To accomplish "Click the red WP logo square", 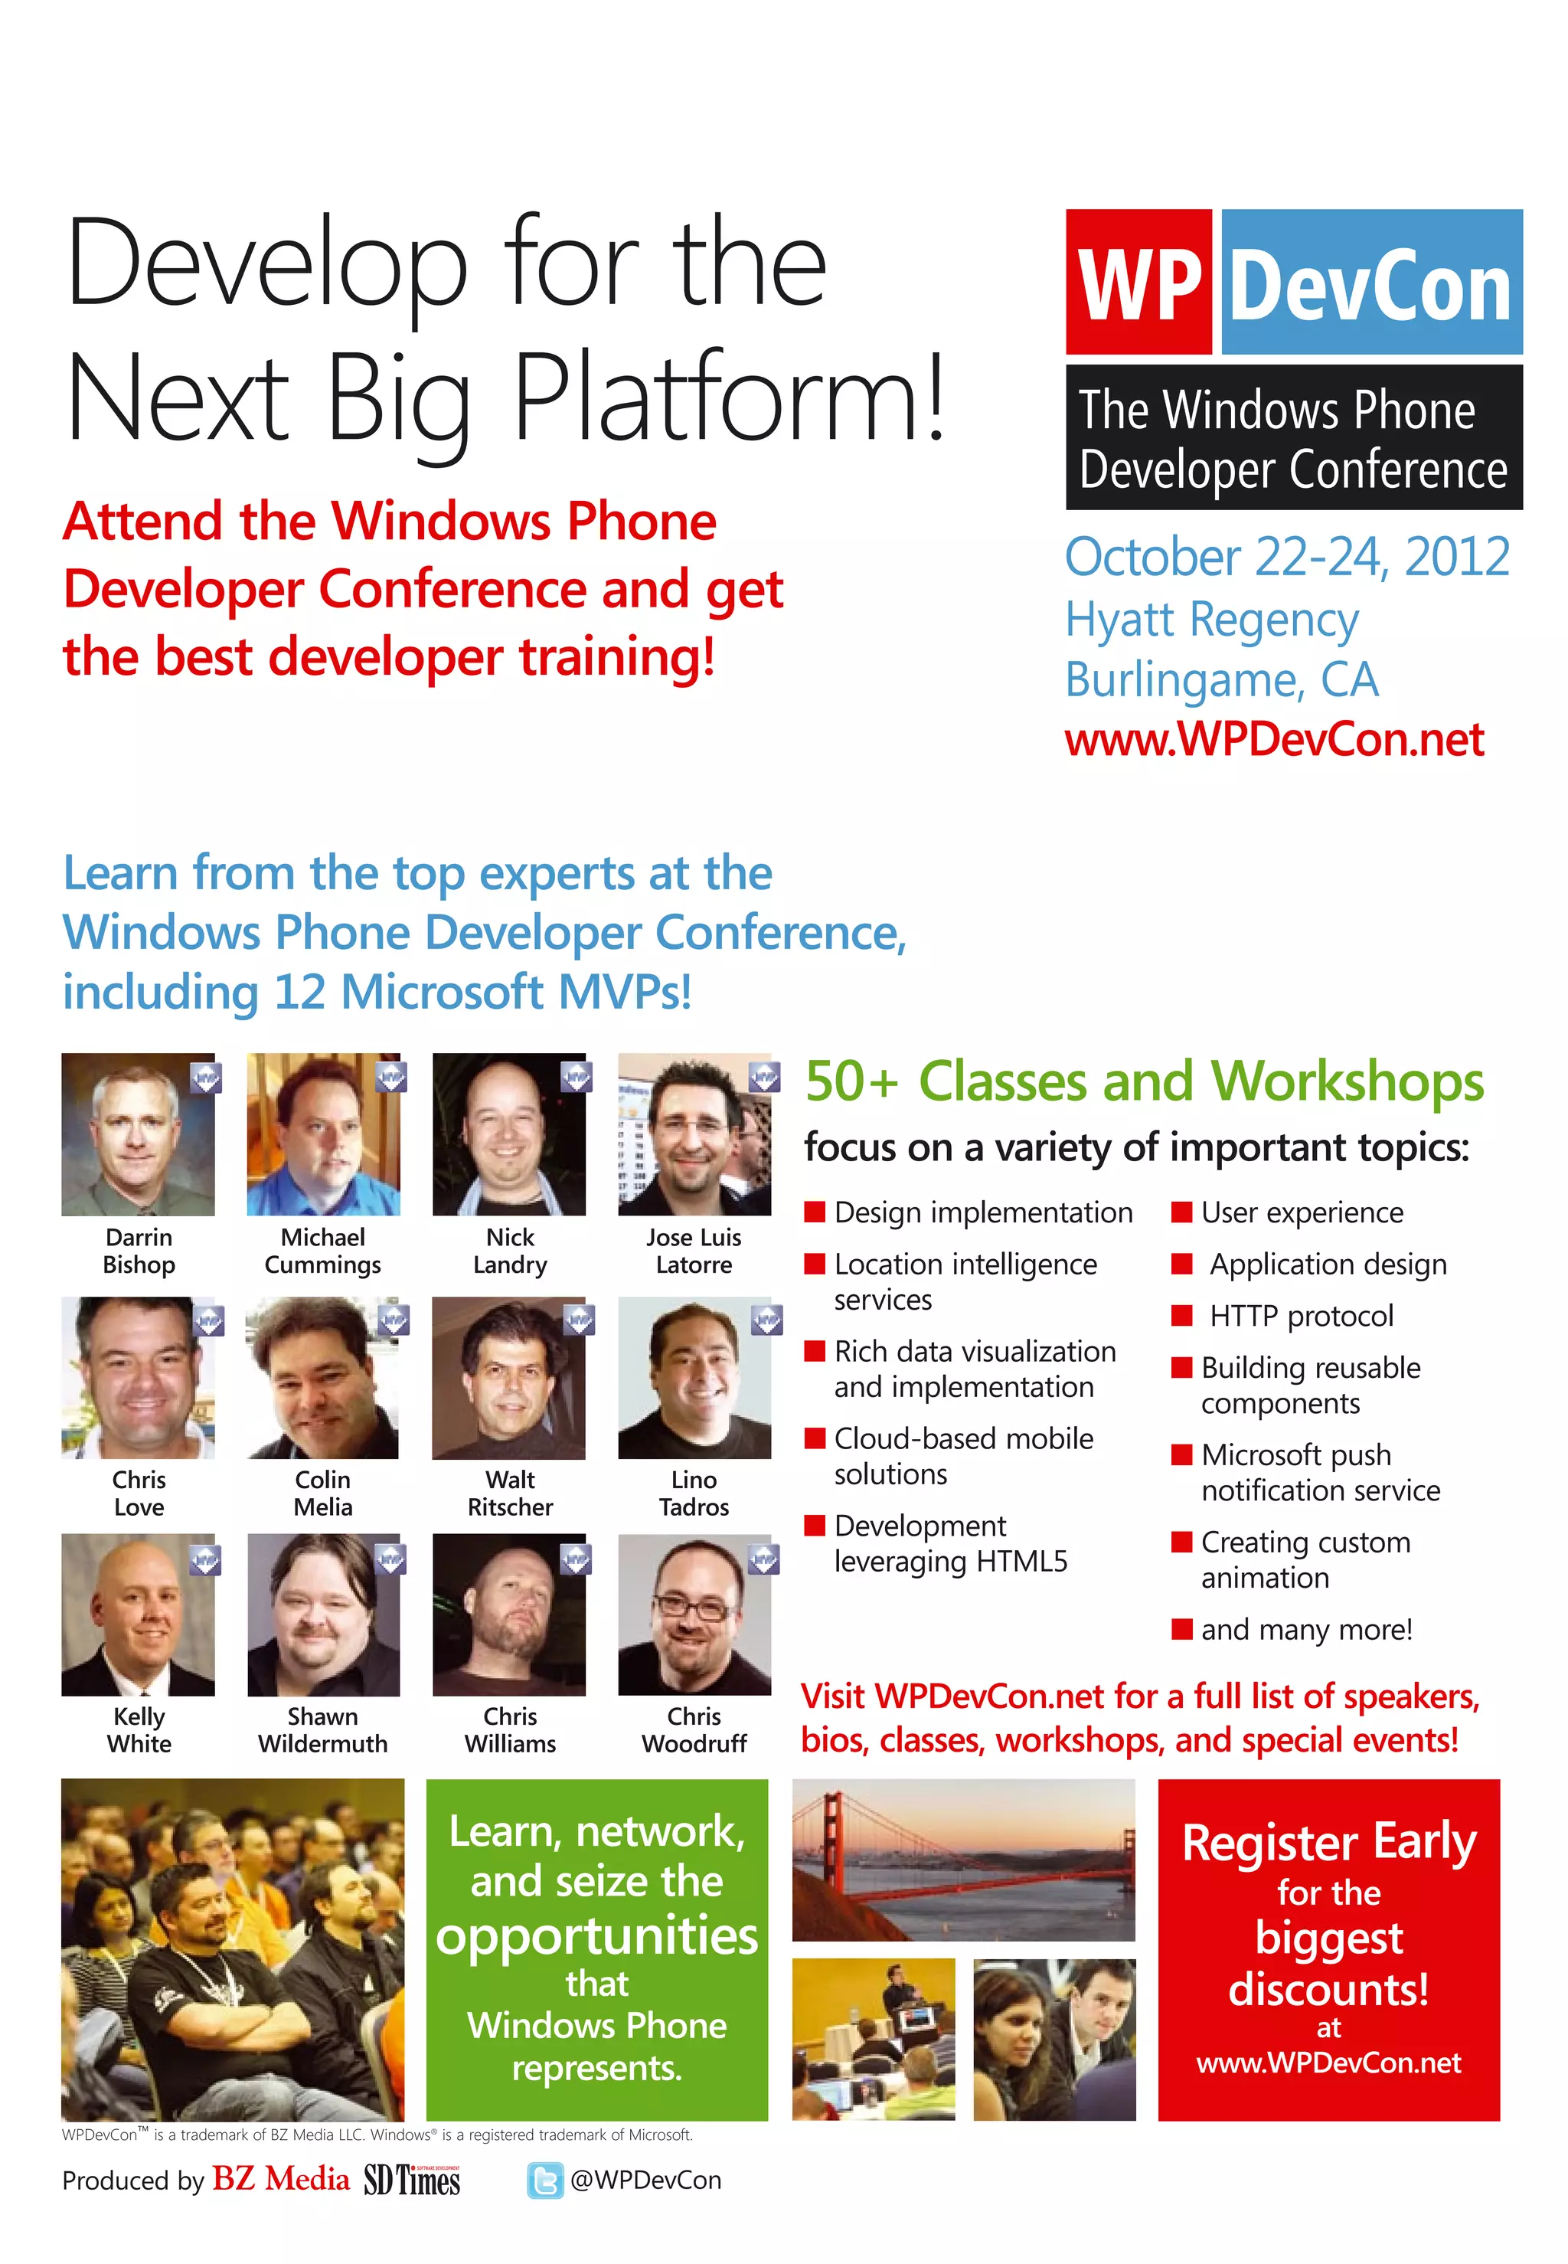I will click(x=1138, y=282).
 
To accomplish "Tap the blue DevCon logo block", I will click(x=1370, y=282).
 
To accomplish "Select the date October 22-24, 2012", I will click(x=1286, y=557).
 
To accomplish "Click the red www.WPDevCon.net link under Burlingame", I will click(x=1273, y=740).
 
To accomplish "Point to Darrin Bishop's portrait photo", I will click(x=138, y=1134).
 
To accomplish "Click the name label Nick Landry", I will click(x=509, y=1251).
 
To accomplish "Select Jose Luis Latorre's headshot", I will click(x=694, y=1134).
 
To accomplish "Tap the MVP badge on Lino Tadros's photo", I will click(x=766, y=1320).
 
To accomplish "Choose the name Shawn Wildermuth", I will click(x=322, y=1729).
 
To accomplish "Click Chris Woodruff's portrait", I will click(x=694, y=1614).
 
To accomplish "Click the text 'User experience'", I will click(x=1302, y=1212).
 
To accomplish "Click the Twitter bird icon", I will click(x=545, y=2181).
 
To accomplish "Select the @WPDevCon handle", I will click(x=645, y=2181).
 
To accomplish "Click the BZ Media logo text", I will click(x=280, y=2180).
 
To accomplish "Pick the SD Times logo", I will click(x=412, y=2180).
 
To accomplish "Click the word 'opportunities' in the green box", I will click(x=596, y=1935).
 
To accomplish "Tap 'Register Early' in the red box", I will click(x=1328, y=1843).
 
